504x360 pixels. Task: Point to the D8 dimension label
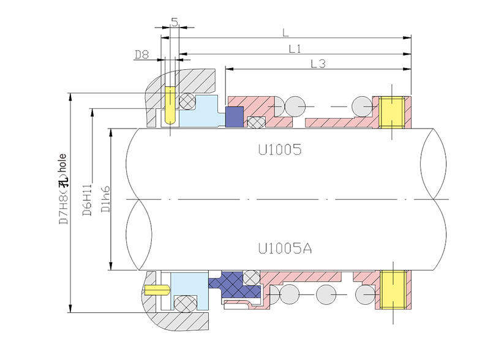tap(141, 55)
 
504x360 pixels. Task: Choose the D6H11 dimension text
tap(87, 199)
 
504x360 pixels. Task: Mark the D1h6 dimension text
tap(106, 199)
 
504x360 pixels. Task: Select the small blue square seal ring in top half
tap(235, 118)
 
